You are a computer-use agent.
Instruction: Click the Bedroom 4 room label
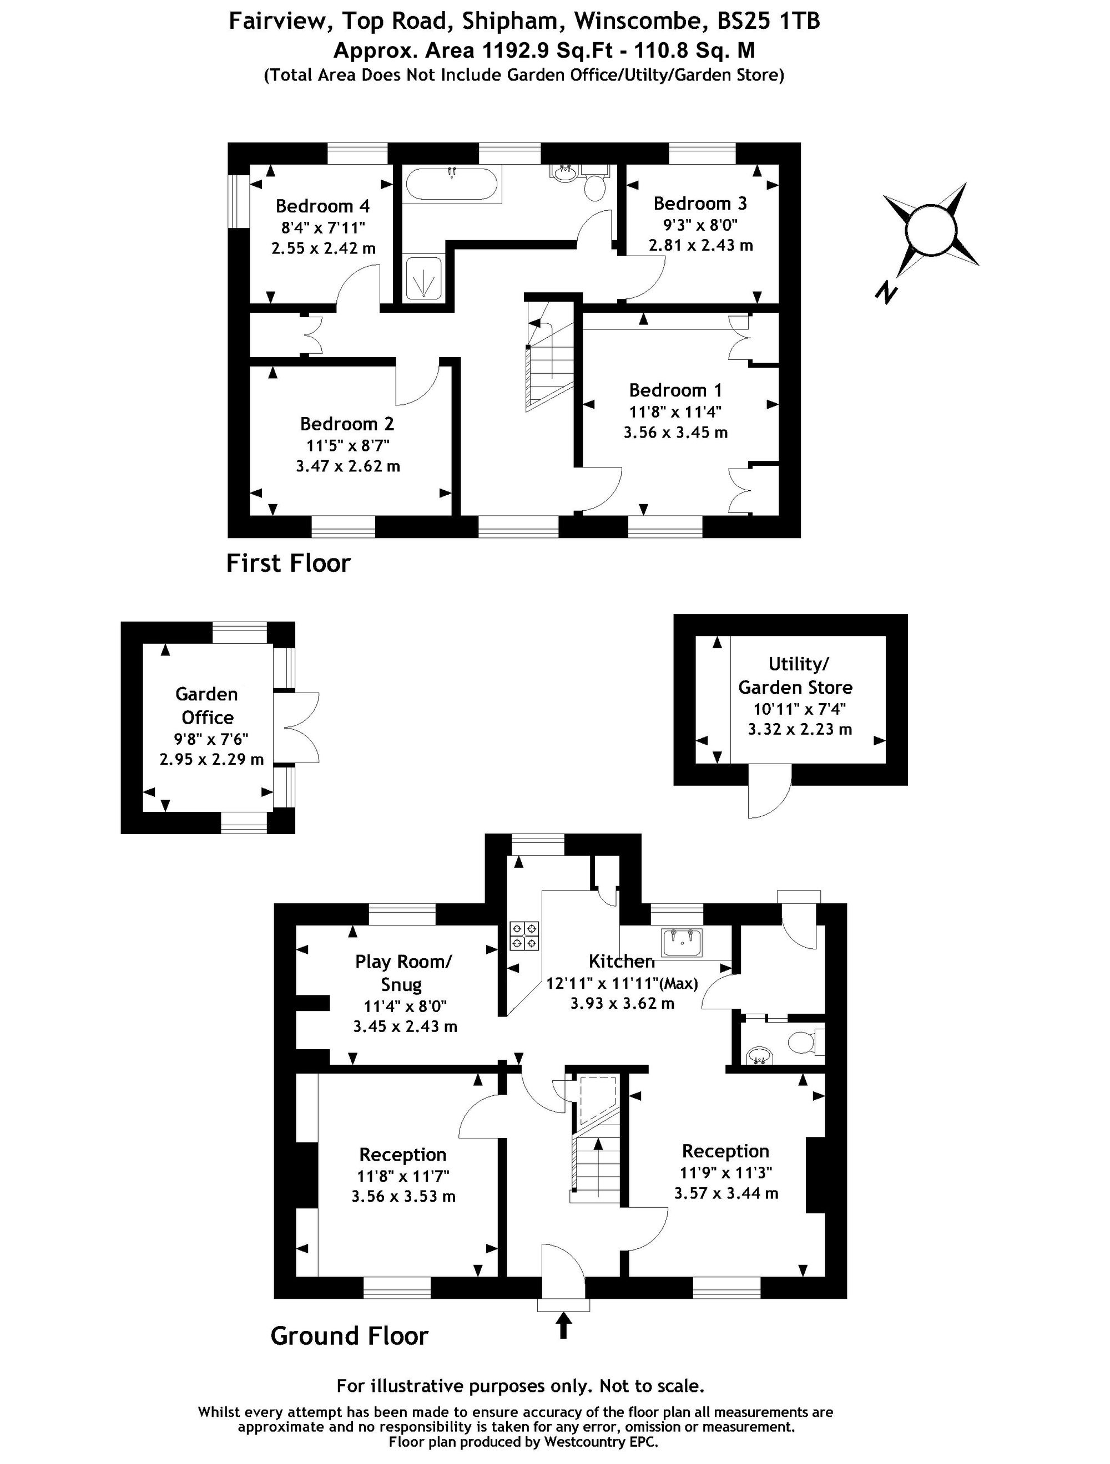point(322,206)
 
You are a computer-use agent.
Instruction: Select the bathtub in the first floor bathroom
point(451,185)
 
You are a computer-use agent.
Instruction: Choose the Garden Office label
point(206,705)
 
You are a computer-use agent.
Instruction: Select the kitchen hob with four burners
point(524,936)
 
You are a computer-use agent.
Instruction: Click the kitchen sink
point(681,941)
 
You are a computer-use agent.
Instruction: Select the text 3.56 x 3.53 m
point(403,1196)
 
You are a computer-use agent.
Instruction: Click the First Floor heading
point(288,563)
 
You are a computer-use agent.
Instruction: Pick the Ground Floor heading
point(349,1335)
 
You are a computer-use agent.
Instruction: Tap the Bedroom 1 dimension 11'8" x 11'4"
point(675,411)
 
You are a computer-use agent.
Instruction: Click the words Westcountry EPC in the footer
point(601,1442)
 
